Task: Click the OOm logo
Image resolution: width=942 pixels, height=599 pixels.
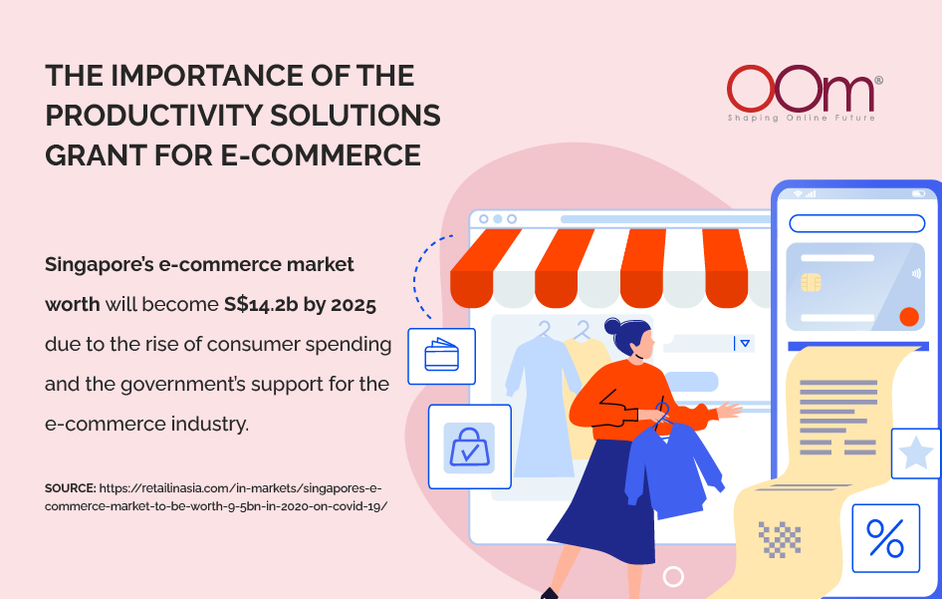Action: pyautogui.click(x=805, y=93)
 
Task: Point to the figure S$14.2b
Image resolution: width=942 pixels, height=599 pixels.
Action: pyautogui.click(x=261, y=305)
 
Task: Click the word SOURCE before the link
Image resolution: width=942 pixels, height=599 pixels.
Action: pyautogui.click(x=71, y=488)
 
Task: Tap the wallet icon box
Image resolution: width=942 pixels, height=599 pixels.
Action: pyautogui.click(x=441, y=356)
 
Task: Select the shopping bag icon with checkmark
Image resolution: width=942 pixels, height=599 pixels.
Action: pyautogui.click(x=469, y=448)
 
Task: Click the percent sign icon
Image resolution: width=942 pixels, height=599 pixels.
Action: pyautogui.click(x=885, y=538)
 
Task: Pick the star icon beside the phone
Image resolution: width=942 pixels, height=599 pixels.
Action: pyautogui.click(x=916, y=453)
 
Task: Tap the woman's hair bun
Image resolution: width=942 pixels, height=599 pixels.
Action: pyautogui.click(x=612, y=326)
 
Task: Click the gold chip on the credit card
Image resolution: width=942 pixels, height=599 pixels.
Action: pyautogui.click(x=811, y=282)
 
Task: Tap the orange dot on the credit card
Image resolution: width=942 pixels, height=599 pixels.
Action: pyautogui.click(x=909, y=316)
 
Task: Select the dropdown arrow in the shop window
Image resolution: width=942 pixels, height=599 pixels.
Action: pyautogui.click(x=745, y=344)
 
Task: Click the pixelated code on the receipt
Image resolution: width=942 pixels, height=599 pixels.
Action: pyautogui.click(x=780, y=539)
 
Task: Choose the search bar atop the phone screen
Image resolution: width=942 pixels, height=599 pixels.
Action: pyautogui.click(x=856, y=223)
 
